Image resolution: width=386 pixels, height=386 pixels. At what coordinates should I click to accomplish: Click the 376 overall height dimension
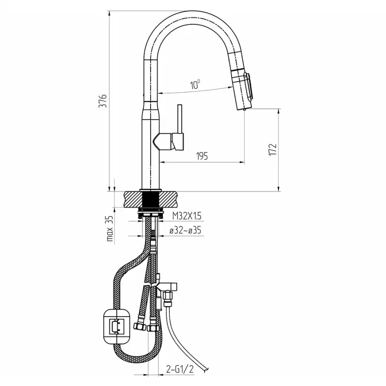coord(103,101)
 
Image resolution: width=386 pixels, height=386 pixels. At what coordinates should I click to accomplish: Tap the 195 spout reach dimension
coord(202,156)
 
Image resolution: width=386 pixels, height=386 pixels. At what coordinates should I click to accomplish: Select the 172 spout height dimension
coord(273,150)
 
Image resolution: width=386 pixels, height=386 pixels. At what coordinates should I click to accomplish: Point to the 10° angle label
coord(195,84)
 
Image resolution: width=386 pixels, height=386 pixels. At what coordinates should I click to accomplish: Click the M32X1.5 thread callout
coord(187,216)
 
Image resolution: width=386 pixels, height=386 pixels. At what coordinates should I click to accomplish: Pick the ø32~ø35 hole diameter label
coord(185,230)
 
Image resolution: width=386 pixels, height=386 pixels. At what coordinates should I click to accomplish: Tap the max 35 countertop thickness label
coord(110,228)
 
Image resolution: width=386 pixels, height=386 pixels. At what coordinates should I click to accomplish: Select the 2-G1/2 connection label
coord(180,369)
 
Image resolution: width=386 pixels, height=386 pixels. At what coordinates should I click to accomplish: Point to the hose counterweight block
coord(116,326)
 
